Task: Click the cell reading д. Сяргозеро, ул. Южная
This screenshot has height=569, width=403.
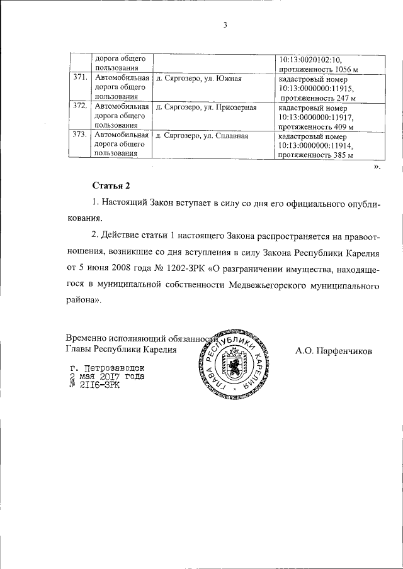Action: point(199,79)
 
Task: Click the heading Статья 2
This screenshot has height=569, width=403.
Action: point(111,185)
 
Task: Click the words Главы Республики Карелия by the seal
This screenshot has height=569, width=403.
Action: point(121,349)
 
